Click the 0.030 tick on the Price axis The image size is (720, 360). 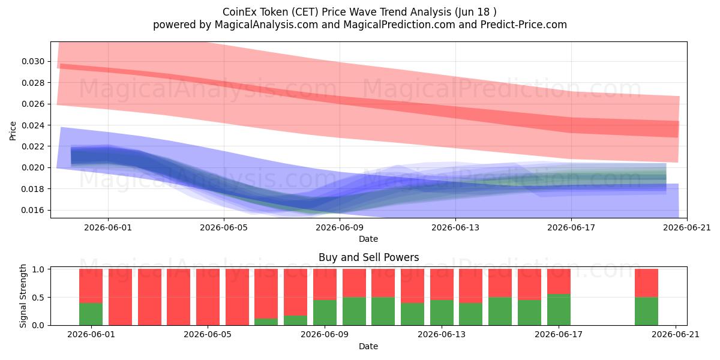tap(33, 61)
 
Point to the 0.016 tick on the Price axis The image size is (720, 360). tap(33, 210)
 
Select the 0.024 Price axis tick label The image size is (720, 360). tap(33, 125)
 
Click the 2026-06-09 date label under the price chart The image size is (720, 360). tap(340, 227)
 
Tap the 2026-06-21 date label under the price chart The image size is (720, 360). tap(687, 227)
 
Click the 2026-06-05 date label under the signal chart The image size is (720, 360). tap(208, 334)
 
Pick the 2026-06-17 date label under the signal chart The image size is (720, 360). tap(559, 334)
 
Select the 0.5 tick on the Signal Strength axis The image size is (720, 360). tap(38, 298)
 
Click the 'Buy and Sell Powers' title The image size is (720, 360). tap(368, 257)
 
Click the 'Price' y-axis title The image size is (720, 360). tap(13, 131)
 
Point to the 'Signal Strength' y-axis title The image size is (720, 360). tap(23, 296)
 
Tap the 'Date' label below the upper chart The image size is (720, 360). tap(368, 239)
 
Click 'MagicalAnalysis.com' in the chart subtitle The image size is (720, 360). tap(266, 25)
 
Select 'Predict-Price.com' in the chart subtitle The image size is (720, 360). tap(524, 25)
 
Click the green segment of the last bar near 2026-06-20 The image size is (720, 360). tap(646, 311)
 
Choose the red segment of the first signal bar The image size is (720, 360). tap(91, 286)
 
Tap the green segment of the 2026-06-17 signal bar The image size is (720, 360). tap(559, 310)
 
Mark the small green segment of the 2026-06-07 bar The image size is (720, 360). tap(266, 322)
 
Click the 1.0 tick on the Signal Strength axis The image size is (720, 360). tap(38, 269)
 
